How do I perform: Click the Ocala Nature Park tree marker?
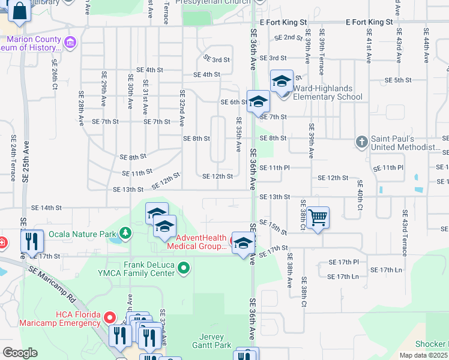(125, 232)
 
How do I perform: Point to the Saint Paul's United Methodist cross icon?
(361, 142)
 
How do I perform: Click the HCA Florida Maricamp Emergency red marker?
(110, 317)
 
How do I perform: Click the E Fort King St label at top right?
(369, 22)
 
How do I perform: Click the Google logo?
(20, 353)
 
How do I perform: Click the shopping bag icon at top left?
(19, 11)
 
